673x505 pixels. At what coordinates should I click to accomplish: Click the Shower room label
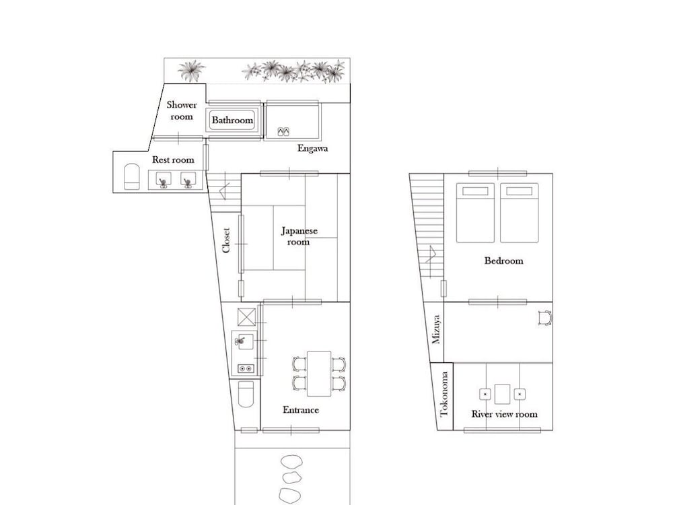182,111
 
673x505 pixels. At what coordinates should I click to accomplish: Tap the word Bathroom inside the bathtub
232,121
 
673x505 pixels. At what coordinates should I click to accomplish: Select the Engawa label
312,149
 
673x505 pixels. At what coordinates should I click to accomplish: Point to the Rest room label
173,160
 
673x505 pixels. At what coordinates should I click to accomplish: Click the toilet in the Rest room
132,176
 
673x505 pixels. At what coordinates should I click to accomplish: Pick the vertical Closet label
226,240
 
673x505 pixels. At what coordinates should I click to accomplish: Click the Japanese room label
299,236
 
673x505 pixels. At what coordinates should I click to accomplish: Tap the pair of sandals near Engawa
283,131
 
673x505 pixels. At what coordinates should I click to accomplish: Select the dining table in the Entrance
319,374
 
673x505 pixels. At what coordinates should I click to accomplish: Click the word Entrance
300,410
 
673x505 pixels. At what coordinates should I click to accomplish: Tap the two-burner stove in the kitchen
246,368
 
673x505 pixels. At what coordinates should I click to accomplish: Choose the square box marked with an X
246,317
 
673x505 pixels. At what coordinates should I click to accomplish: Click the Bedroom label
503,261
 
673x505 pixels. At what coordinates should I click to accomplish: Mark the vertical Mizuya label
436,330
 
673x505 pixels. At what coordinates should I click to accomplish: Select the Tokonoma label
444,394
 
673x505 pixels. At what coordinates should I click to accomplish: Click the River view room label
504,414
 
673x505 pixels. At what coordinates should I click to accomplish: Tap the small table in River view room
502,394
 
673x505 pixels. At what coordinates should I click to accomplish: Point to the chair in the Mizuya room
544,318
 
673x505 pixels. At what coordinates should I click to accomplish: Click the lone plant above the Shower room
191,71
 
